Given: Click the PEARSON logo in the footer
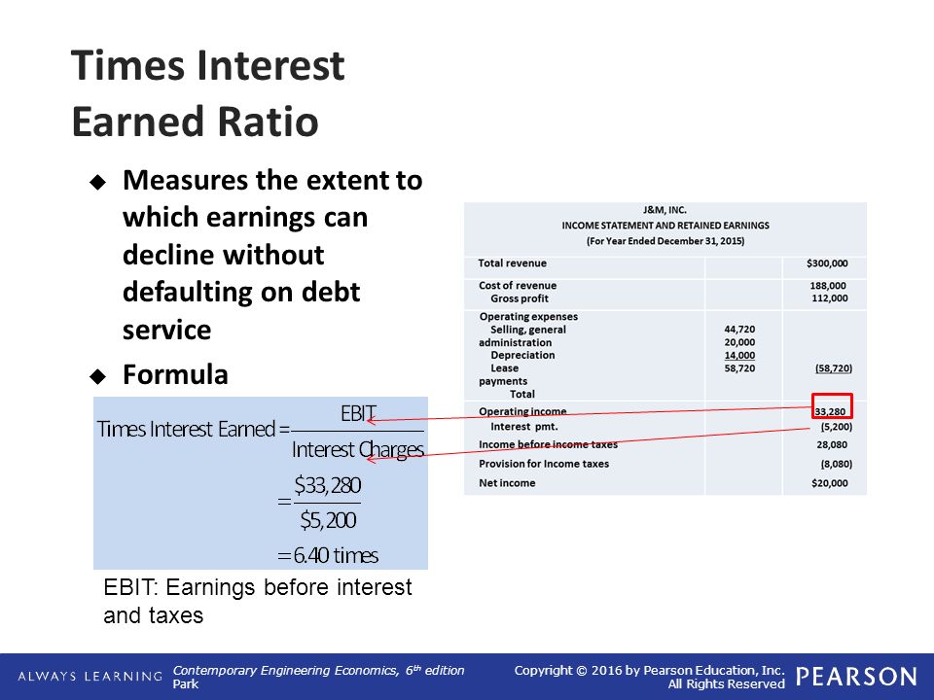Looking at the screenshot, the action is coord(856,677).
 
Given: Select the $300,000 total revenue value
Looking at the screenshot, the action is coord(827,263).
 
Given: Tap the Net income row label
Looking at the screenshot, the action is coord(507,483).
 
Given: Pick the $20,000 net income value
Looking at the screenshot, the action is coord(829,483).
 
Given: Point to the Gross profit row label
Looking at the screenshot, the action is coord(520,298).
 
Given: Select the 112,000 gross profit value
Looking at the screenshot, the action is coord(829,298).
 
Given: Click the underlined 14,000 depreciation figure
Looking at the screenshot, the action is coord(739,356).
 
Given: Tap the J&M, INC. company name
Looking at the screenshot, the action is coord(665,210).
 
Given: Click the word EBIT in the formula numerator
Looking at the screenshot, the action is coord(358,412).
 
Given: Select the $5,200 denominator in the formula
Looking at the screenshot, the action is coord(328,520).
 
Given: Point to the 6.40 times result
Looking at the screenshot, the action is coord(336,555).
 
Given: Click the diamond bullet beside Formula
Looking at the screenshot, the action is coord(97,376).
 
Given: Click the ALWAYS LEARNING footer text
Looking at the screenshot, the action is coord(90,677).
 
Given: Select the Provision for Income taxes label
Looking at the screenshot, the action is coord(544,464).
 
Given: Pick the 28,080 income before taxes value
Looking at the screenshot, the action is coord(832,444).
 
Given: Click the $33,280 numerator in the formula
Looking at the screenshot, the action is coord(328,485).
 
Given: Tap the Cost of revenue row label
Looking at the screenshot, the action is coord(518,286).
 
